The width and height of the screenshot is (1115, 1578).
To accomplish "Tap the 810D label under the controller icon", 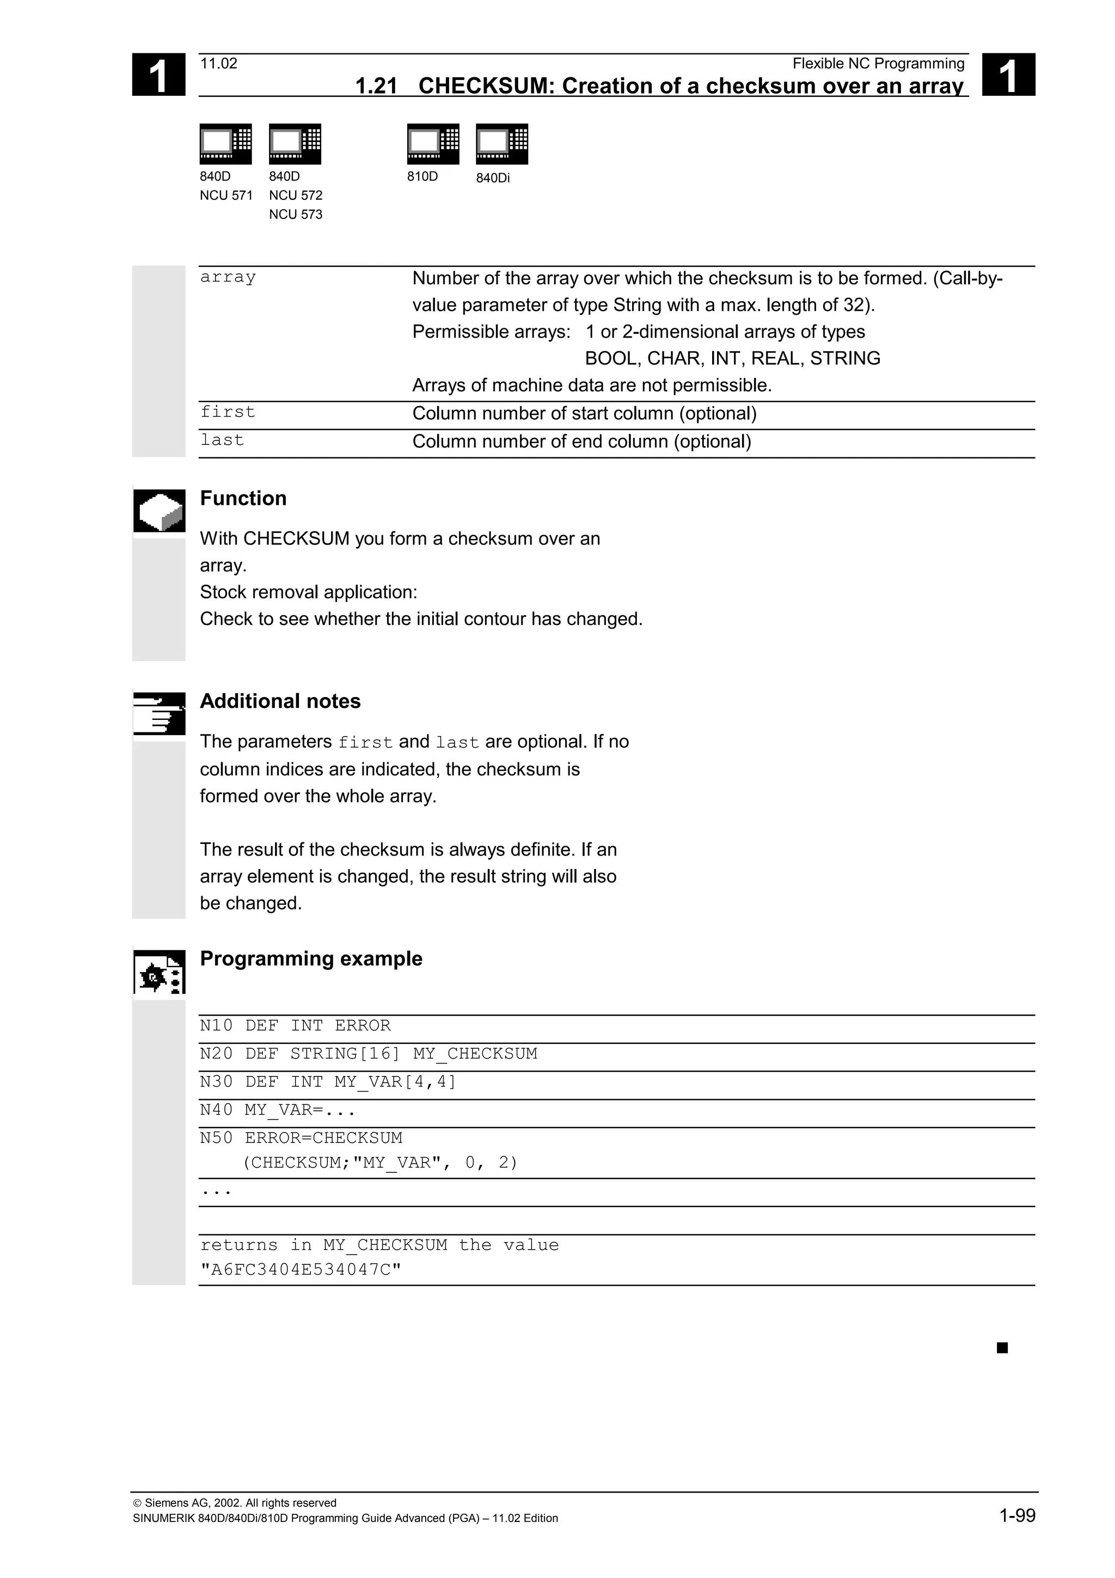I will tap(422, 176).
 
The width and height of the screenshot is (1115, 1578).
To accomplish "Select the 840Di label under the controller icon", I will tap(493, 178).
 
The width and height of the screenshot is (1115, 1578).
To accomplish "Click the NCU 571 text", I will tap(226, 196).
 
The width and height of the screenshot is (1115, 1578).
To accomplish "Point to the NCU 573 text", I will tap(296, 215).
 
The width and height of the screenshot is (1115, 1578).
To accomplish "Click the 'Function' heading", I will tap(243, 498).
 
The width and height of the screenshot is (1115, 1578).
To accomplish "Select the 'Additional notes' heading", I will tap(280, 701).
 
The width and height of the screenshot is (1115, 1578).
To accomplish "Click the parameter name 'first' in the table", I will tap(228, 412).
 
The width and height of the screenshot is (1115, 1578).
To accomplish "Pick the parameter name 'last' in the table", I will tap(222, 440).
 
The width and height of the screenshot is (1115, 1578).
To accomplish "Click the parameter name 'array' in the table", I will tap(228, 277).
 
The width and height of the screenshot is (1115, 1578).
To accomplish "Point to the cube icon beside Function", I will tap(160, 511).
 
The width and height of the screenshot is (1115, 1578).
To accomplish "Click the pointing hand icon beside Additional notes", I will tap(160, 713).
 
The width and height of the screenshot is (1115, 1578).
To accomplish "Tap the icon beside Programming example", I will tap(160, 972).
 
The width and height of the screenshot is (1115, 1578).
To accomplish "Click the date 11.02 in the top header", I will tap(218, 64).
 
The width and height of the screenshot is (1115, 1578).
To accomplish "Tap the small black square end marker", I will tap(1002, 1348).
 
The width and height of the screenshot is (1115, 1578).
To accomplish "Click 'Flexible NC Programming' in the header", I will tap(878, 64).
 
